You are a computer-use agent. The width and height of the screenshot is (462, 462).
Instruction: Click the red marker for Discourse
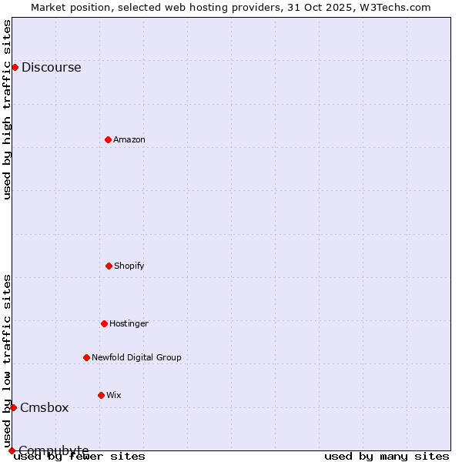pyautogui.click(x=15, y=67)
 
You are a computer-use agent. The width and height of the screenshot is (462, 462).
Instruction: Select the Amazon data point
pyautogui.click(x=108, y=139)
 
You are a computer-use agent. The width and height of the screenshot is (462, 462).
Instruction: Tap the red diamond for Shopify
pyautogui.click(x=109, y=266)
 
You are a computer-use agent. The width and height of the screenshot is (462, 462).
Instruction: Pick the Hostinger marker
pyautogui.click(x=104, y=323)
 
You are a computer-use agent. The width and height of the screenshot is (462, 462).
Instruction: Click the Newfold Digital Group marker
pyautogui.click(x=86, y=357)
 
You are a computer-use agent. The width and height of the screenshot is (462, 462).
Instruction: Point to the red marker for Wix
pyautogui.click(x=101, y=395)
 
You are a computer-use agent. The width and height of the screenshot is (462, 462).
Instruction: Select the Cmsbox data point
pyautogui.click(x=13, y=407)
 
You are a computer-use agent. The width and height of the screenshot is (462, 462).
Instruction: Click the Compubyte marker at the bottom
pyautogui.click(x=12, y=450)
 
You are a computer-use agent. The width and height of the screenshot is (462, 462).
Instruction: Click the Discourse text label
pyautogui.click(x=51, y=67)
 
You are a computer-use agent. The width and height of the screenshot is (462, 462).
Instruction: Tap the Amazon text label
pyautogui.click(x=129, y=139)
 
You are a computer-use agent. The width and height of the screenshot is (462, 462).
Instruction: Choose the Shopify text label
pyautogui.click(x=129, y=266)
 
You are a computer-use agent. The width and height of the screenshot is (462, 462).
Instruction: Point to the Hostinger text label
pyautogui.click(x=129, y=323)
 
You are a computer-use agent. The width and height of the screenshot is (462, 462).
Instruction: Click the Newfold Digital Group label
pyautogui.click(x=136, y=357)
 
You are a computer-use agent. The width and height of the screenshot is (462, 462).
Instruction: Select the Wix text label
pyautogui.click(x=114, y=395)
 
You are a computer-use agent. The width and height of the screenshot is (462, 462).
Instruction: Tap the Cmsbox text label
pyautogui.click(x=45, y=407)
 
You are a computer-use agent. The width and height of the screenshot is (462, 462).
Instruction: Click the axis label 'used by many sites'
pyautogui.click(x=387, y=456)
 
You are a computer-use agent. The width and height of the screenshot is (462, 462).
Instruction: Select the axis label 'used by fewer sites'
pyautogui.click(x=79, y=456)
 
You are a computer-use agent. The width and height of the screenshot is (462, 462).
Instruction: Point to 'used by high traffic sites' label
pyautogui.click(x=7, y=109)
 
